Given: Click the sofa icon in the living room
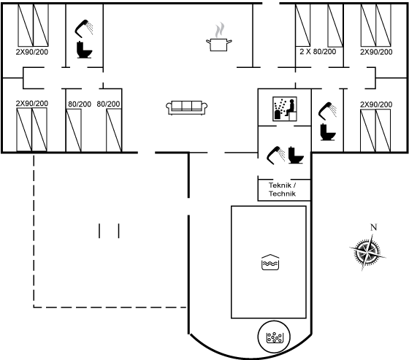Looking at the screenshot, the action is pyautogui.click(x=186, y=108).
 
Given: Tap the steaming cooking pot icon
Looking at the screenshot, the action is pyautogui.click(x=219, y=37).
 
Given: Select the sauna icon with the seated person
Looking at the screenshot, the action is pyautogui.click(x=285, y=109).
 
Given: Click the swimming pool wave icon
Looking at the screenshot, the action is pyautogui.click(x=270, y=262).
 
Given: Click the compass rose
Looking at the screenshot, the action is pyautogui.click(x=367, y=252).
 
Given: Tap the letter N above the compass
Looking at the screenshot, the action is pyautogui.click(x=374, y=228).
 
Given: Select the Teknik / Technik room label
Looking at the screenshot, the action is pyautogui.click(x=282, y=189).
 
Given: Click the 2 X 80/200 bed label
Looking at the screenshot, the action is pyautogui.click(x=318, y=52).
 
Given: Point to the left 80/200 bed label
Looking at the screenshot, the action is pyautogui.click(x=80, y=104).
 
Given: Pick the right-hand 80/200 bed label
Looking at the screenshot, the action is pyautogui.click(x=108, y=104).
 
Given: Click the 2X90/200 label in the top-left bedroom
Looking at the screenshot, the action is pyautogui.click(x=32, y=52).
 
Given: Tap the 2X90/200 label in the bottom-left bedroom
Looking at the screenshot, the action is pyautogui.click(x=32, y=104).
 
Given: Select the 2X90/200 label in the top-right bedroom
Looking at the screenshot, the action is pyautogui.click(x=376, y=52).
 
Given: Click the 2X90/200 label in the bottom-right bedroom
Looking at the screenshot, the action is pyautogui.click(x=376, y=104).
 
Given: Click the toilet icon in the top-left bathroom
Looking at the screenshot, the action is pyautogui.click(x=84, y=50).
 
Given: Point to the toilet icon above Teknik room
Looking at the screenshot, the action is pyautogui.click(x=296, y=156).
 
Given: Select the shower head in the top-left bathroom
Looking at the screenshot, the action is pyautogui.click(x=84, y=28).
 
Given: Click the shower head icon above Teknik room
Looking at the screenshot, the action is pyautogui.click(x=276, y=156).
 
